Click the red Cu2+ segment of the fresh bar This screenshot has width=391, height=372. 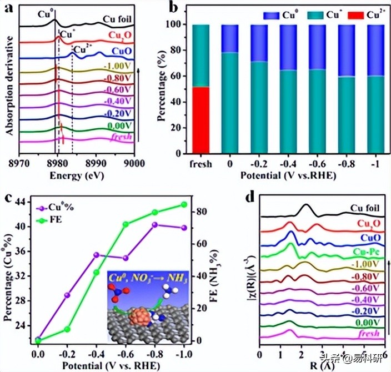click(200, 119)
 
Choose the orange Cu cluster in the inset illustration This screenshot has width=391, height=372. click(139, 316)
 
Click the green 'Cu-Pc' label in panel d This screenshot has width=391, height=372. click(367, 250)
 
